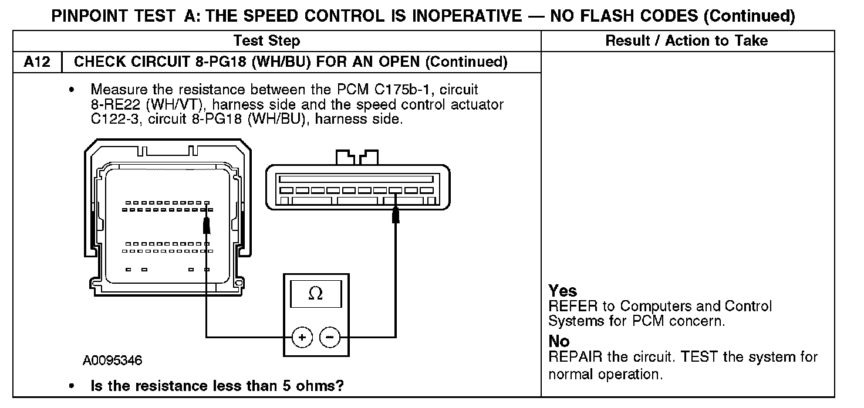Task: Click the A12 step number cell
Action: (37, 62)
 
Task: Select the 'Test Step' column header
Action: (266, 40)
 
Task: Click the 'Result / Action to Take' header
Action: (686, 40)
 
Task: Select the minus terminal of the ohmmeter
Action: (330, 337)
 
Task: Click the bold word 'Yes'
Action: (562, 291)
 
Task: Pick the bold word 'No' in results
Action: (559, 341)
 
